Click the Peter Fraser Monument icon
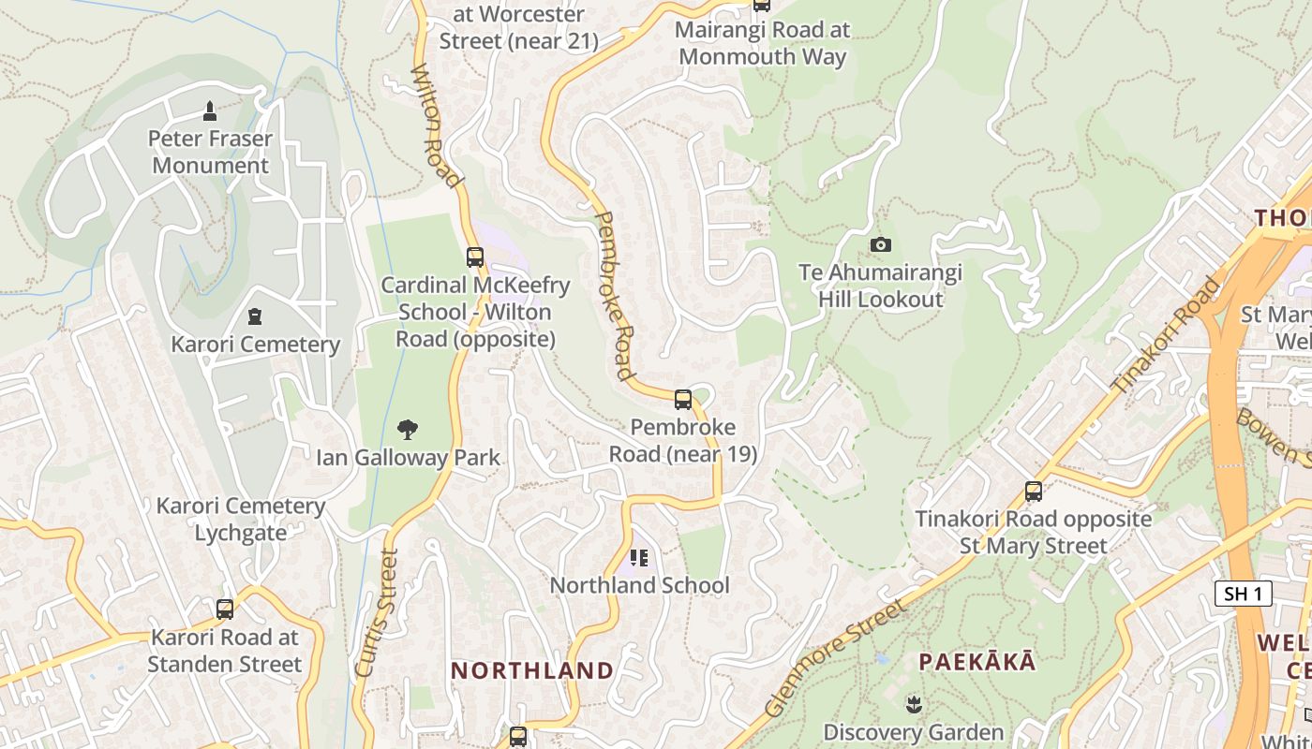(210, 111)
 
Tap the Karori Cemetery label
(255, 345)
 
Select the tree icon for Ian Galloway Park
(408, 430)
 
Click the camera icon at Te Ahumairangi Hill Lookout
(880, 245)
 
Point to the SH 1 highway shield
(1243, 594)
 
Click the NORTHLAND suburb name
(532, 670)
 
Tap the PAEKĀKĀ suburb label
(977, 662)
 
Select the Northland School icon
(639, 558)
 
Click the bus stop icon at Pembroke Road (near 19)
(683, 400)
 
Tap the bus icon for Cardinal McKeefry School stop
(475, 257)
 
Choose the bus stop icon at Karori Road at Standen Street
(225, 609)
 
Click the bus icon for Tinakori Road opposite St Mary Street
(1034, 491)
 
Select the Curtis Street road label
(376, 612)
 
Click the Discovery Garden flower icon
(914, 703)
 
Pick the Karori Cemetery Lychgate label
(241, 520)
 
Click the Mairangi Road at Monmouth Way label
(763, 43)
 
